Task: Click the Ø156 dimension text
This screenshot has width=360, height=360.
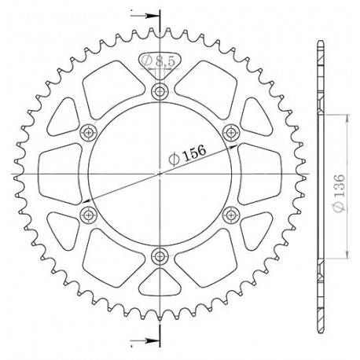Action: click(x=187, y=156)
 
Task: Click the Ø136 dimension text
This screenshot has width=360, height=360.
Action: click(x=340, y=193)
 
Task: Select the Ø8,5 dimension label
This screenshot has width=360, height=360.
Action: click(x=158, y=61)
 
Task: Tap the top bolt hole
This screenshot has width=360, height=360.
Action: click(x=160, y=92)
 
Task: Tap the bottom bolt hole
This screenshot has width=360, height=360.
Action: click(x=160, y=256)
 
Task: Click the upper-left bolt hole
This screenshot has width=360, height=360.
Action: click(x=88, y=133)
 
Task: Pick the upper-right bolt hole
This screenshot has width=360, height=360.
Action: click(x=230, y=133)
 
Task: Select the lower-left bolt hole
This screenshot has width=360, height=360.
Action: click(x=88, y=215)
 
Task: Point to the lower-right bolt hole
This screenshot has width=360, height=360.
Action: click(x=230, y=215)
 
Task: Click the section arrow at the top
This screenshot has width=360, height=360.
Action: click(x=145, y=16)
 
